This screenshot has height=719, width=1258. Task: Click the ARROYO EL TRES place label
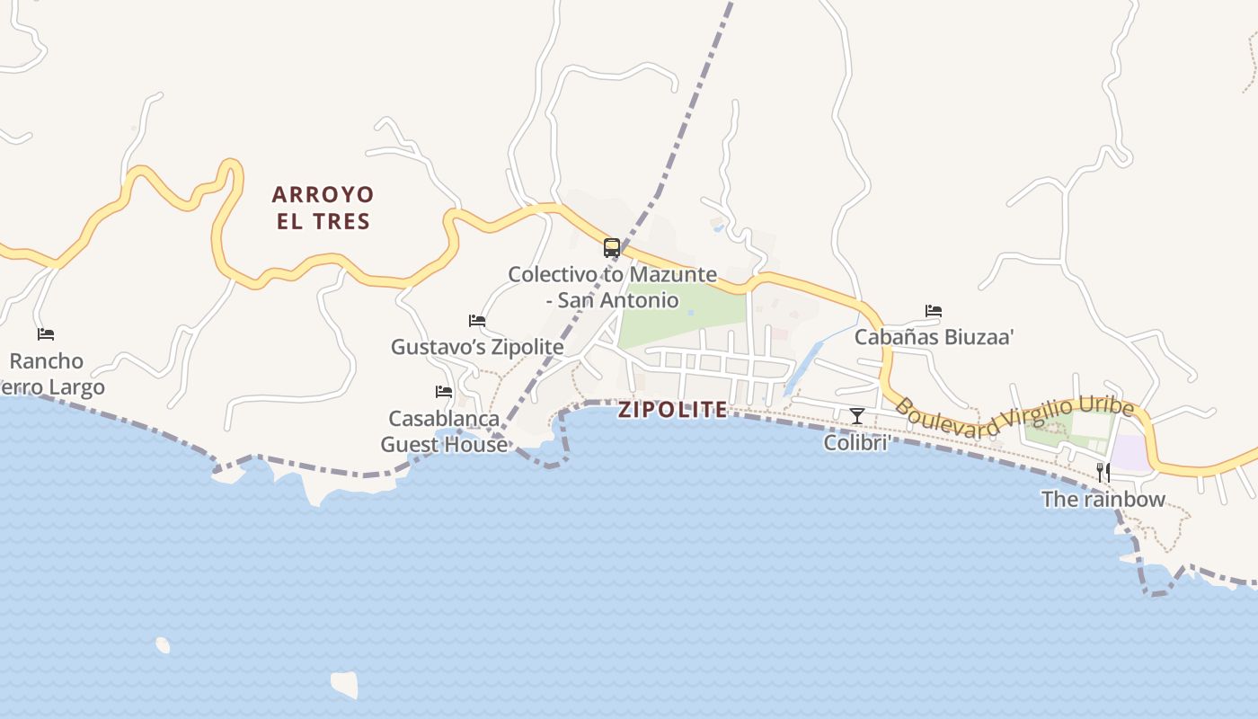pos(323,208)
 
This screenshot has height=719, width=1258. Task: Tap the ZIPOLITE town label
pos(673,410)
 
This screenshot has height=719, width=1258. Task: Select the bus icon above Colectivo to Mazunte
pos(611,248)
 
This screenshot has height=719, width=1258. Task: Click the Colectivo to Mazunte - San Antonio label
pos(612,287)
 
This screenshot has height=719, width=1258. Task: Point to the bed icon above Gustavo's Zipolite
pos(477,321)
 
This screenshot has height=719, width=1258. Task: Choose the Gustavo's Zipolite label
pos(477,347)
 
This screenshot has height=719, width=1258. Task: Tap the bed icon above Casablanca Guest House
pos(443,392)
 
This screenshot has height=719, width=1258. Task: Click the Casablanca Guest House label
pos(444,431)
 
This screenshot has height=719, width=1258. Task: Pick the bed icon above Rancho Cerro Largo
pos(46,334)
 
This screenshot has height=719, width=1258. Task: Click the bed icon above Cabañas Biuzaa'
pos(934,311)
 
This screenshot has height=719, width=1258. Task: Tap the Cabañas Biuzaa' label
pos(934,337)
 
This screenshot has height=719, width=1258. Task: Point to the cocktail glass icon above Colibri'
pos(856,415)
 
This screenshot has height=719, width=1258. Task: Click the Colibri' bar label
pos(856,443)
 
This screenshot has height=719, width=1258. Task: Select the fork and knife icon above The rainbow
pos(1103,473)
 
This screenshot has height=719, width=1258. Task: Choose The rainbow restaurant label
pos(1103,500)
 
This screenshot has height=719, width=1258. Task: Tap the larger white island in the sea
pos(345,684)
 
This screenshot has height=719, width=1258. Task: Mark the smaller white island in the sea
pos(163,644)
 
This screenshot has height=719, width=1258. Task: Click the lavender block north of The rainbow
pos(1130,453)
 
